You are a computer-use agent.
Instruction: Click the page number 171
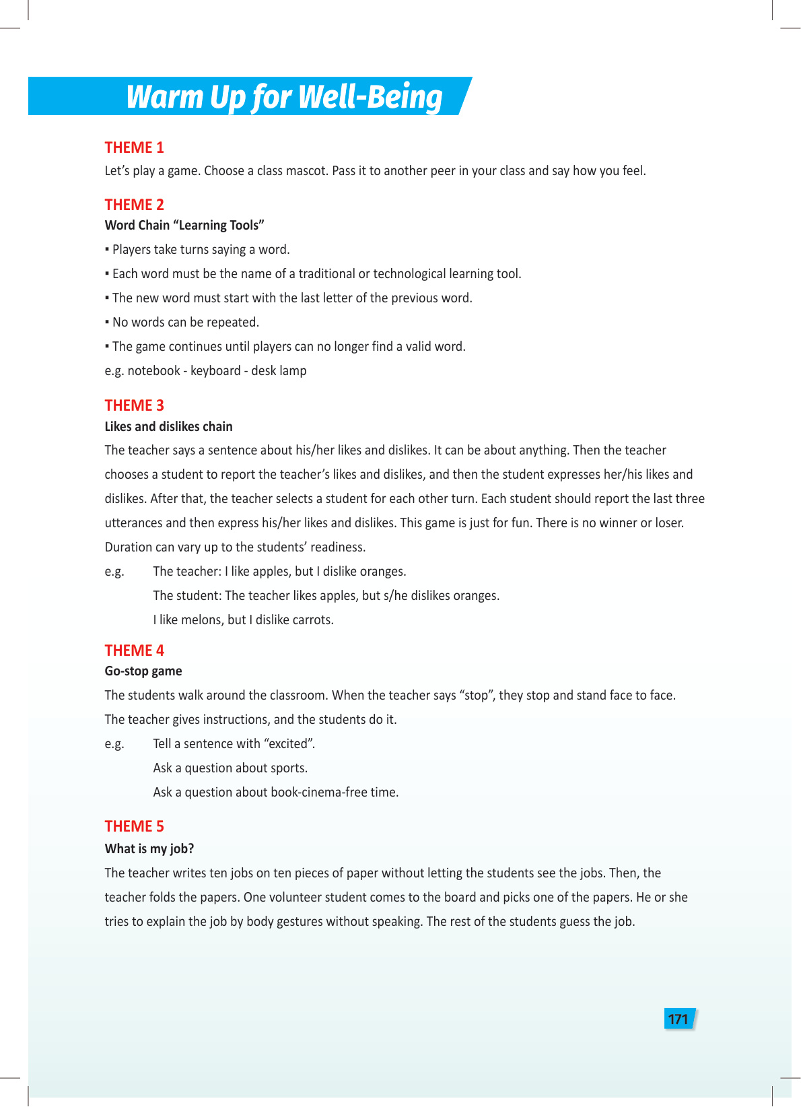coord(678,1019)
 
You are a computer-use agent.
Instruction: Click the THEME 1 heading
coord(134,147)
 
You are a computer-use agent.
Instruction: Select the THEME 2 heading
coord(134,205)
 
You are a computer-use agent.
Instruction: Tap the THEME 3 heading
coord(134,405)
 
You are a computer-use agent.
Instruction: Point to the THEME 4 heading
coord(134,650)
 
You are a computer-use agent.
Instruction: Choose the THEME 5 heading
coord(134,826)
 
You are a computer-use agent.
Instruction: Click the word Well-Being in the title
coord(370,97)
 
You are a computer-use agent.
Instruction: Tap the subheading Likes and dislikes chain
coord(168,426)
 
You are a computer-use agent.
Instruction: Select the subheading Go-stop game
coord(143,671)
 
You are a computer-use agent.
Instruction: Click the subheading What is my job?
coord(149,848)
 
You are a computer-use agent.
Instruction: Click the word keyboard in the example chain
coord(215,371)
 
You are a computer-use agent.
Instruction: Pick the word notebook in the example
coord(154,371)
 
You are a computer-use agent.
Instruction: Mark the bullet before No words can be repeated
coord(107,323)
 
